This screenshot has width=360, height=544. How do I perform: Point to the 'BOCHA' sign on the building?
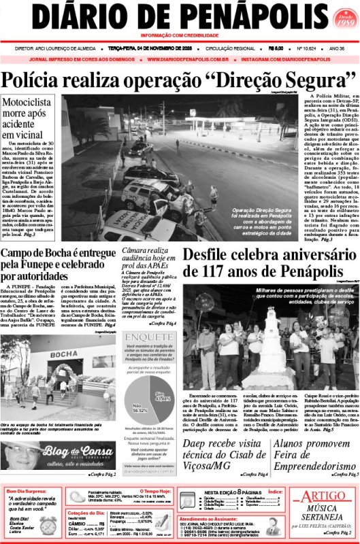(64, 354)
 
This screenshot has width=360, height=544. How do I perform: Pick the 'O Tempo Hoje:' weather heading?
(159, 490)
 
